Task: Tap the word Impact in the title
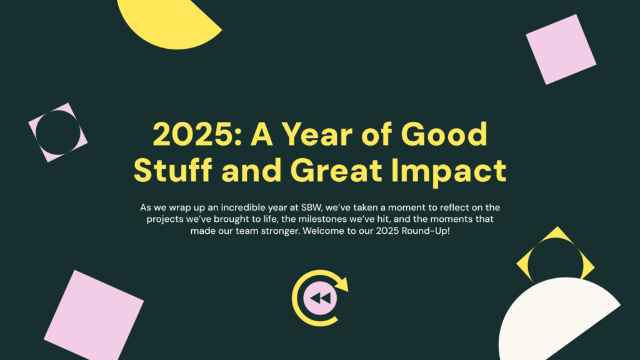point(449,170)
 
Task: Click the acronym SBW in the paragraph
point(311,207)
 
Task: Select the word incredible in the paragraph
point(243,207)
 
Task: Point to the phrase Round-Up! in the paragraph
point(425,231)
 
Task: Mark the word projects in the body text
point(165,219)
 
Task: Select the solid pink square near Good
point(561,49)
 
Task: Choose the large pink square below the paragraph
point(94,316)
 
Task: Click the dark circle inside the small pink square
point(58,132)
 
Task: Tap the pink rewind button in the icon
point(321,298)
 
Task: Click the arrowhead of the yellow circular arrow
point(342,284)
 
